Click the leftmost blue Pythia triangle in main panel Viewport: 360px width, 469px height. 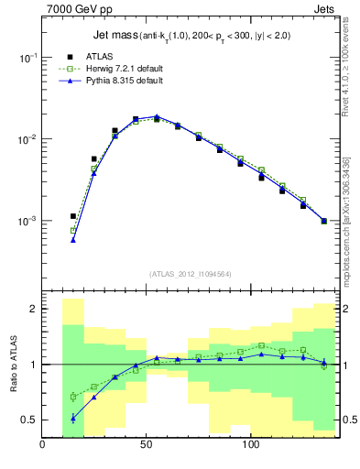coord(72,240)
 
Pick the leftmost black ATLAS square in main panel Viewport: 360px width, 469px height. coord(72,216)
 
